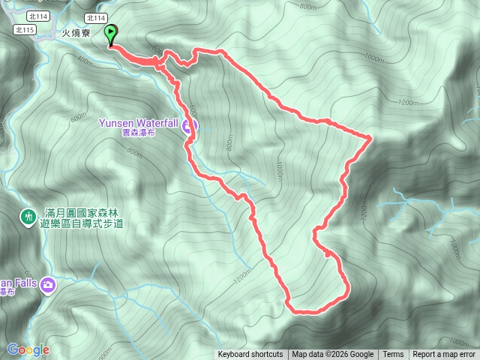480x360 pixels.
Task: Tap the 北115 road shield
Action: click(25, 29)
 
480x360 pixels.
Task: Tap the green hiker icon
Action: click(28, 217)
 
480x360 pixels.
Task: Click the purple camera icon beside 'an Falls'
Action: click(48, 284)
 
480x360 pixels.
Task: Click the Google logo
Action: click(28, 349)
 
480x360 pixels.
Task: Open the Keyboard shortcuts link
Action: click(250, 355)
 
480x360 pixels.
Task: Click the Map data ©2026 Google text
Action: click(332, 355)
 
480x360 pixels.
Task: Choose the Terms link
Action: click(393, 355)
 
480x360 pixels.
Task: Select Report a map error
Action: click(443, 355)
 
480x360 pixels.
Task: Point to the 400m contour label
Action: click(85, 64)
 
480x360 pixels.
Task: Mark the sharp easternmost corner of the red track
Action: click(371, 136)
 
